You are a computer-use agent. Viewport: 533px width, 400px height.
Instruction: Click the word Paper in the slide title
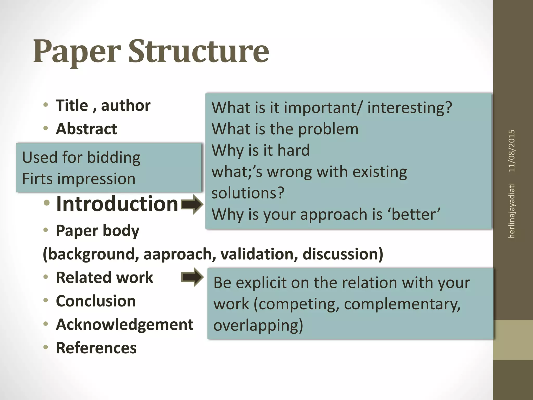point(77,52)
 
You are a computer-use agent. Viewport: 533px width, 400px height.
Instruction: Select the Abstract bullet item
point(86,129)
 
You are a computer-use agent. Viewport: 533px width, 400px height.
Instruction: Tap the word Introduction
point(117,204)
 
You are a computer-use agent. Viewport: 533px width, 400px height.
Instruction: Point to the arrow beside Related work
point(192,277)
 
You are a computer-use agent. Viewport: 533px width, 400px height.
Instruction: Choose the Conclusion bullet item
point(96,301)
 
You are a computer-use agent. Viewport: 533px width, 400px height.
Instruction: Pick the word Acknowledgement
point(125,324)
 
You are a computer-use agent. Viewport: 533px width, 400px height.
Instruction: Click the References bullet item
point(96,348)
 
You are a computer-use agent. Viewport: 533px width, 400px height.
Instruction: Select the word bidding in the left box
point(113,158)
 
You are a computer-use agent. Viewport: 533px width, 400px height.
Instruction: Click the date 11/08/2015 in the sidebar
point(512,151)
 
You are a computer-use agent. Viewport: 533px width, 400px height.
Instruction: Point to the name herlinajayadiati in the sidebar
point(512,211)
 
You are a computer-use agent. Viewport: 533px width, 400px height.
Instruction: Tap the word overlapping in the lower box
point(258,326)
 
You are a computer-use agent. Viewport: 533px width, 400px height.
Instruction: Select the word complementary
point(402,304)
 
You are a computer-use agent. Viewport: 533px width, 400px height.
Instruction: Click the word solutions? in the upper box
point(248,193)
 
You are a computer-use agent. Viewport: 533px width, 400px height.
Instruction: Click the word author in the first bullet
point(126,105)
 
